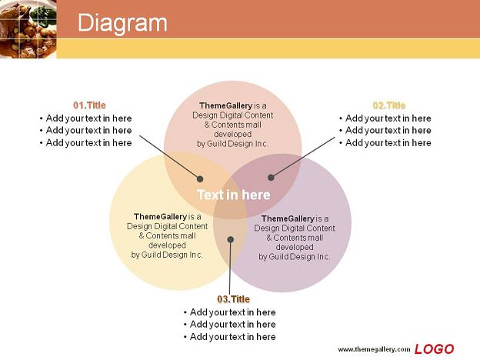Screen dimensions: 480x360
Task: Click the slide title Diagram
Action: (122, 22)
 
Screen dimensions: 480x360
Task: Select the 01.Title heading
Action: (89, 105)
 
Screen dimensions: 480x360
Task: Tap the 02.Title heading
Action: (388, 105)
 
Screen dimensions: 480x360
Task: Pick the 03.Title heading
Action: (233, 299)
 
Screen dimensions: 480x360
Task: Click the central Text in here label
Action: (234, 195)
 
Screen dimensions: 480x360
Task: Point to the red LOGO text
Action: (434, 349)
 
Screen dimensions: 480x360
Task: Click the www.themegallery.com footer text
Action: (374, 349)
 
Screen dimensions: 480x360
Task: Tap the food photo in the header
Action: (28, 29)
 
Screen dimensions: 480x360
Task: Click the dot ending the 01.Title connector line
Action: (200, 178)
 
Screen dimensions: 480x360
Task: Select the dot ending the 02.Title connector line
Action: (271, 177)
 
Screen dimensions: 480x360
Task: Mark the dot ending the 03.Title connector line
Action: (231, 239)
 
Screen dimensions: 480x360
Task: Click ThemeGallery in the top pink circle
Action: (225, 105)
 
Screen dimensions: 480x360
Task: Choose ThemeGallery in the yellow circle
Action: (160, 217)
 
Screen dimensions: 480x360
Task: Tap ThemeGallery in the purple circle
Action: (288, 218)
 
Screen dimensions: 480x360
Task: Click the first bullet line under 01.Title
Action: (85, 118)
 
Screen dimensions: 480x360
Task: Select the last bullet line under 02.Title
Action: (385, 142)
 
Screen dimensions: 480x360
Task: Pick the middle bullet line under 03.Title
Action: (229, 324)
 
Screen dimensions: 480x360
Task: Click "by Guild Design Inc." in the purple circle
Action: (294, 257)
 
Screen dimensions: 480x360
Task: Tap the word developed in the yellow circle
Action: (167, 245)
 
